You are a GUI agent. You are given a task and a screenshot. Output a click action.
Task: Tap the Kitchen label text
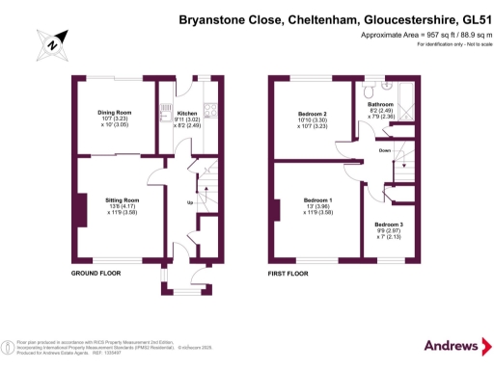(187, 112)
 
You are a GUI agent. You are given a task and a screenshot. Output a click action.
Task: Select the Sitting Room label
(123, 199)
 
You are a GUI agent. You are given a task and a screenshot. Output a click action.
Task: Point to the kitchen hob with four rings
(208, 107)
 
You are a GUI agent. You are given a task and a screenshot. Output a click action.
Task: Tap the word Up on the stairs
(189, 203)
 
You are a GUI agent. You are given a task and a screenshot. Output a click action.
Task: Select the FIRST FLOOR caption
(292, 275)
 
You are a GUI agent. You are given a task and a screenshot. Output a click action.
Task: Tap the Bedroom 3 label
(390, 225)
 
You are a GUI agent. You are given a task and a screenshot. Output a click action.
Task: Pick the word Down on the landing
(384, 150)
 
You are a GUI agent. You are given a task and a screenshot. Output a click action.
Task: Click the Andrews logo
(452, 345)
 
